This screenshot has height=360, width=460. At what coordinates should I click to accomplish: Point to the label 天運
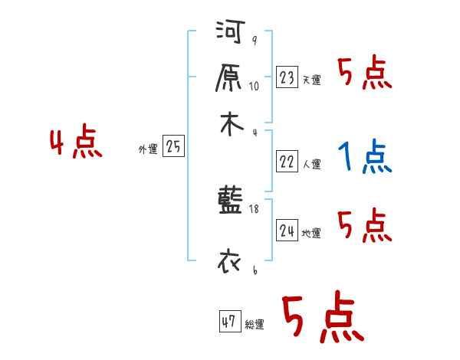click(311, 80)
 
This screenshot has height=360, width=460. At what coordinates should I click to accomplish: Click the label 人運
click(312, 164)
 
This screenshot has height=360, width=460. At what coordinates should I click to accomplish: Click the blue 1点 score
click(365, 158)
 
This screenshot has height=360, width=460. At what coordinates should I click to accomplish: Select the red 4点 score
click(75, 145)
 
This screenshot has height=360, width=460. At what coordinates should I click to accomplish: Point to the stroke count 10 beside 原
click(255, 87)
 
